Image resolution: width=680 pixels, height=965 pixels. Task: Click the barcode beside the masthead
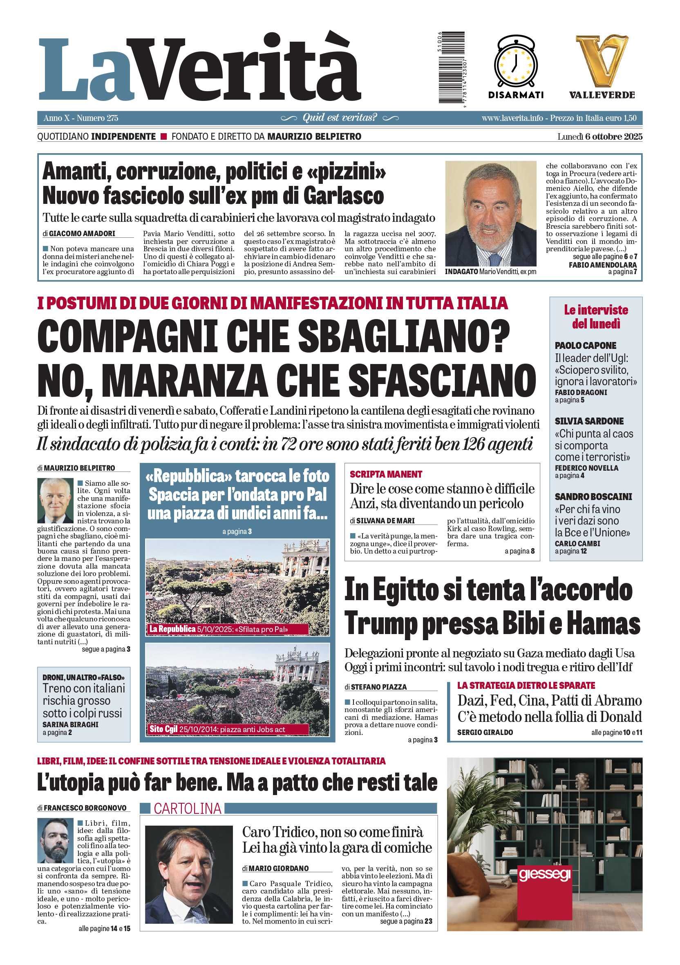tap(451, 67)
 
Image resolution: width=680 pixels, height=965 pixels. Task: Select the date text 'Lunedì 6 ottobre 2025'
tap(600, 136)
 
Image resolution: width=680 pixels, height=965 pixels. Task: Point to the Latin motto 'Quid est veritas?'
tap(340, 118)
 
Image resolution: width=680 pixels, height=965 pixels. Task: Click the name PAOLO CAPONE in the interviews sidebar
tap(586, 346)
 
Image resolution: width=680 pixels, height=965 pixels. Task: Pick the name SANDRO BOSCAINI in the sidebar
tap(593, 497)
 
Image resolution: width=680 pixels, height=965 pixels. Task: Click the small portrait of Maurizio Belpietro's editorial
tap(56, 500)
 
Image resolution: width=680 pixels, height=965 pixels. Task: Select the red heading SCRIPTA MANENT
tap(386, 474)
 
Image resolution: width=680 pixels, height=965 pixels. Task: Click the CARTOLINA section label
tap(188, 808)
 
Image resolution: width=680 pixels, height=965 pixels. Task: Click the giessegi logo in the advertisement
tap(545, 875)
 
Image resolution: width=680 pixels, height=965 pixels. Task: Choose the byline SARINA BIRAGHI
tap(70, 725)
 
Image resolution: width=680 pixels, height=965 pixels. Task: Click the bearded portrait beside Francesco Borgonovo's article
tap(55, 840)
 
